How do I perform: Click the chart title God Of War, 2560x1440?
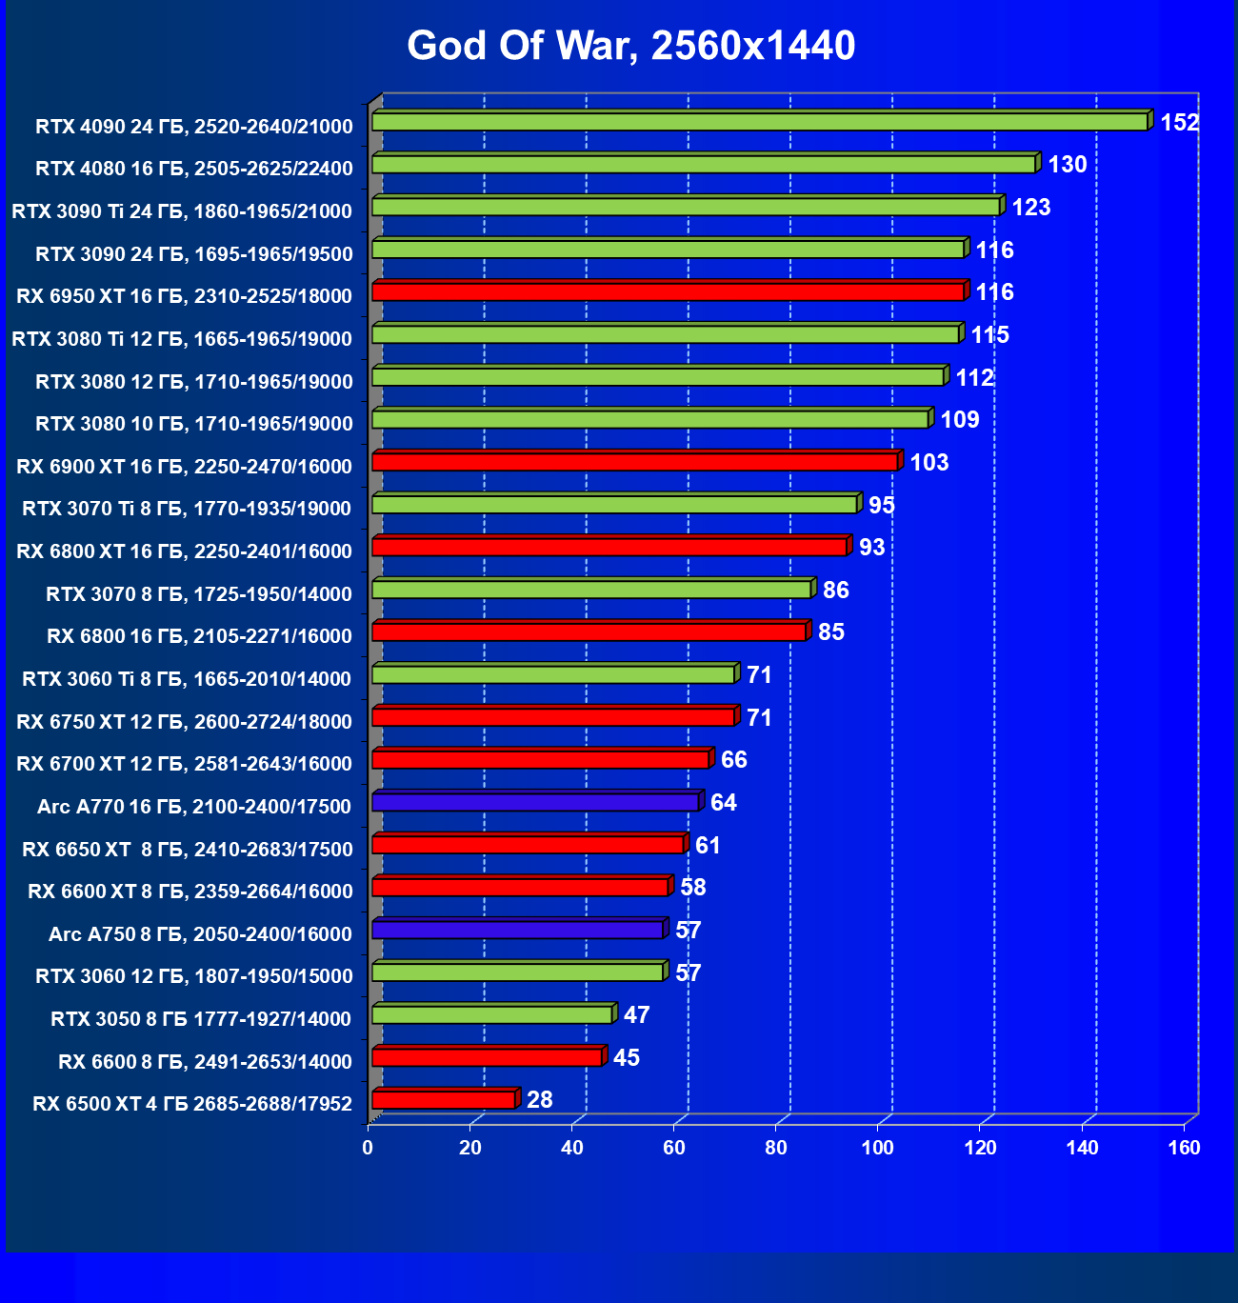[630, 46]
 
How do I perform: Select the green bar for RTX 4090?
[759, 122]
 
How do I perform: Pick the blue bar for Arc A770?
[535, 803]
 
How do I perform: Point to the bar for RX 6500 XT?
[444, 1101]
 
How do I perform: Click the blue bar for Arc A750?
[517, 931]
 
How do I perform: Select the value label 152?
[1179, 123]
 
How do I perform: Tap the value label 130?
[1067, 165]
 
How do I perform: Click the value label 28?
[539, 1100]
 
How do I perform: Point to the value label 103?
[928, 463]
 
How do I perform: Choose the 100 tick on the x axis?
[878, 1148]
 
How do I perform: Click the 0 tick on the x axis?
[369, 1148]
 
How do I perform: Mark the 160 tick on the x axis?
[1184, 1148]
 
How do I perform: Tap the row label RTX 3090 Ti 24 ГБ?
[182, 211]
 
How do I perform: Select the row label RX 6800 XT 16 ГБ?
[184, 551]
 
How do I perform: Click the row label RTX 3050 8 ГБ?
[201, 1019]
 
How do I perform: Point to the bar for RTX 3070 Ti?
[614, 505]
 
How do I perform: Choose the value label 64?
[723, 803]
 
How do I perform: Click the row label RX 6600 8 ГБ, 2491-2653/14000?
[205, 1062]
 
